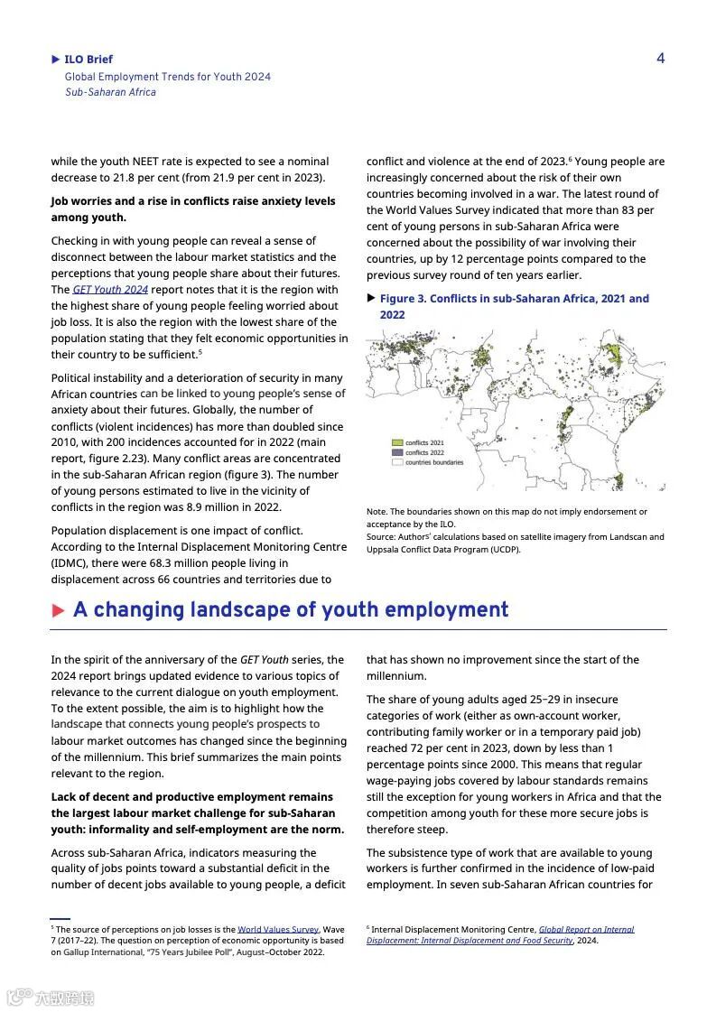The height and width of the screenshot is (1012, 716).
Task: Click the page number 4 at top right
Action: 660,59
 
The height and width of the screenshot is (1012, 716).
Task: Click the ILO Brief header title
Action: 88,60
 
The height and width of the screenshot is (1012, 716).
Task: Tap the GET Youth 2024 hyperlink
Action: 110,290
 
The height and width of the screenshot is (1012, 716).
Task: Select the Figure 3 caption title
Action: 514,306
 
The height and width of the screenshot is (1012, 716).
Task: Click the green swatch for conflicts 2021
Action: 396,443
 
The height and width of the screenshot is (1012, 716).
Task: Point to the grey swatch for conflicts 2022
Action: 396,452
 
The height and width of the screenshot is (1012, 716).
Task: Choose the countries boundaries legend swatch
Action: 396,462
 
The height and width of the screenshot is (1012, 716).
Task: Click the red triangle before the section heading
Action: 59,611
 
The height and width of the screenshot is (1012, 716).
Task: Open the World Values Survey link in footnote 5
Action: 278,929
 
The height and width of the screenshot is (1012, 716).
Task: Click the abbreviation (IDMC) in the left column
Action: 69,563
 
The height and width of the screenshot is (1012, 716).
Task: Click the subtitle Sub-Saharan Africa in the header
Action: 110,92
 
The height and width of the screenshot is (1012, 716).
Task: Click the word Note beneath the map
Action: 376,512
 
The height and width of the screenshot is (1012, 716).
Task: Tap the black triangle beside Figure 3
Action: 371,298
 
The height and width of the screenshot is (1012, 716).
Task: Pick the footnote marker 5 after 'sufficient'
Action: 200,352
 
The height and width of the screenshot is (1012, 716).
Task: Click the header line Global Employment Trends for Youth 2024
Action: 167,77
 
